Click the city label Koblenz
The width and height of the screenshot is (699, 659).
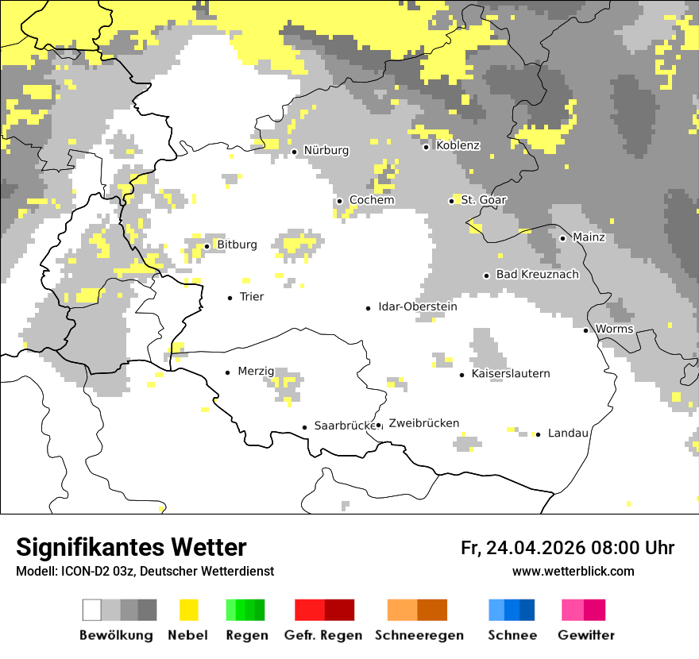tap(458, 145)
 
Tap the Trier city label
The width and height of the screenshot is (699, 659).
tap(252, 297)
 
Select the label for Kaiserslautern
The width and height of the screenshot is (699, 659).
tap(510, 373)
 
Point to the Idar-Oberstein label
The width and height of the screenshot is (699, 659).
tap(417, 306)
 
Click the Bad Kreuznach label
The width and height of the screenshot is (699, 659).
tap(537, 274)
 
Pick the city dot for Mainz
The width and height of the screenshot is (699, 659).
tap(562, 238)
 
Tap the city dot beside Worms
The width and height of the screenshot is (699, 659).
tap(586, 330)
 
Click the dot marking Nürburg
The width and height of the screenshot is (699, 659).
tap(294, 151)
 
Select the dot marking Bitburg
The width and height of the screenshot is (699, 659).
tap(207, 246)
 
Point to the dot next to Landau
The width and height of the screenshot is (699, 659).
tap(538, 434)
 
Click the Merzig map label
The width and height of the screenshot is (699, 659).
tap(256, 371)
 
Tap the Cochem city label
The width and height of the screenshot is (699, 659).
tap(371, 200)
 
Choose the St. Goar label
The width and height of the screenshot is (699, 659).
tap(483, 200)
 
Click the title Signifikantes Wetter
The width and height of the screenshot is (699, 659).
tap(131, 547)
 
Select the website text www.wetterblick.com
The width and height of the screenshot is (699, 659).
tap(573, 571)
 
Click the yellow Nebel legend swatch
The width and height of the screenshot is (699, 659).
tap(188, 610)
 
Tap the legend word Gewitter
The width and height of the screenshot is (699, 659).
tap(586, 635)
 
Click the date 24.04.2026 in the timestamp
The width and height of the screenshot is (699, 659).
tap(536, 548)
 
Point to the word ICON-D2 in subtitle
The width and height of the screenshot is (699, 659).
tap(83, 571)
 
